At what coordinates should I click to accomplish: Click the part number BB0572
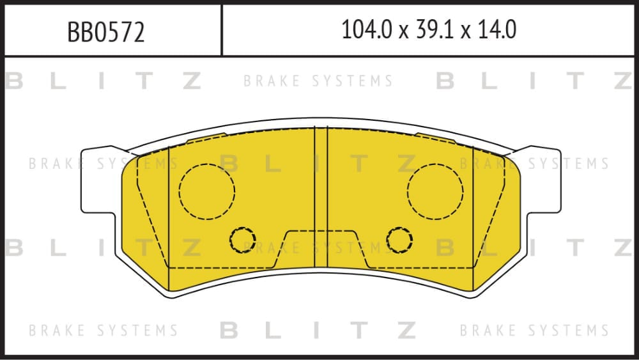[106, 32]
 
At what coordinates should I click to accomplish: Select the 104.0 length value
[367, 30]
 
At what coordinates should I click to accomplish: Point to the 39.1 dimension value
[435, 30]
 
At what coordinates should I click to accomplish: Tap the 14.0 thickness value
[497, 30]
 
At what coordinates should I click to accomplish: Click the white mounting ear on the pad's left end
[98, 180]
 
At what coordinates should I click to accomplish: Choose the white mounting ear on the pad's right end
[544, 180]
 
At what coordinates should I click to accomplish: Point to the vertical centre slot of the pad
[321, 198]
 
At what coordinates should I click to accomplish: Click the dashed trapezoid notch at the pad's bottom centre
[321, 231]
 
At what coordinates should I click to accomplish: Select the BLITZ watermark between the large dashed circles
[318, 164]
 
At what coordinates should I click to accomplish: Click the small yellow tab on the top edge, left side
[206, 137]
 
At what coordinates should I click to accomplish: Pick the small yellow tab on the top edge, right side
[435, 137]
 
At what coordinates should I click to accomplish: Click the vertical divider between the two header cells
[222, 30]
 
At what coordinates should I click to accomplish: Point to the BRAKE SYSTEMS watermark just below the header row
[318, 81]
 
